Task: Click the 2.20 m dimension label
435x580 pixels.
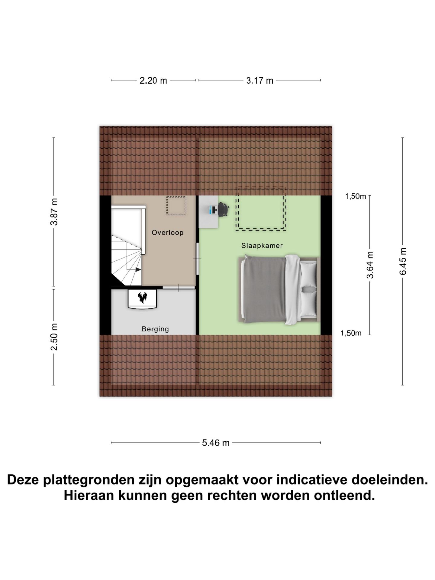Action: tap(153, 81)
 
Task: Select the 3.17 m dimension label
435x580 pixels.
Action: tap(259, 81)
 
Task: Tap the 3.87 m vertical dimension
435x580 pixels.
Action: tap(54, 212)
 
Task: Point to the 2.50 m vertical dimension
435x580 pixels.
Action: tap(54, 337)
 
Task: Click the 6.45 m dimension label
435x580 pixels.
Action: tap(403, 261)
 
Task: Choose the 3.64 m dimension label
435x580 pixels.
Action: tap(370, 265)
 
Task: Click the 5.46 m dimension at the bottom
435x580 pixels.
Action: tap(216, 443)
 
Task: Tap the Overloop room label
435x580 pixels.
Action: tap(167, 233)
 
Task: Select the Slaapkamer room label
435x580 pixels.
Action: tap(262, 246)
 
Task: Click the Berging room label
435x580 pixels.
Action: tap(155, 329)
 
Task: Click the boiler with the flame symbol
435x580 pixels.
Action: tap(142, 298)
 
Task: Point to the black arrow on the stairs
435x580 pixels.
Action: tap(138, 269)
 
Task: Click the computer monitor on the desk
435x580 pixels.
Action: tap(211, 210)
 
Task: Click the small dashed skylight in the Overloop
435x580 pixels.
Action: tap(176, 206)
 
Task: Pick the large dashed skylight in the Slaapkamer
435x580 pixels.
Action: tap(261, 209)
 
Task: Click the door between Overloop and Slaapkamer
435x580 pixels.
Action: tap(197, 259)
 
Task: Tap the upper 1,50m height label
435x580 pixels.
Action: tap(355, 197)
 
